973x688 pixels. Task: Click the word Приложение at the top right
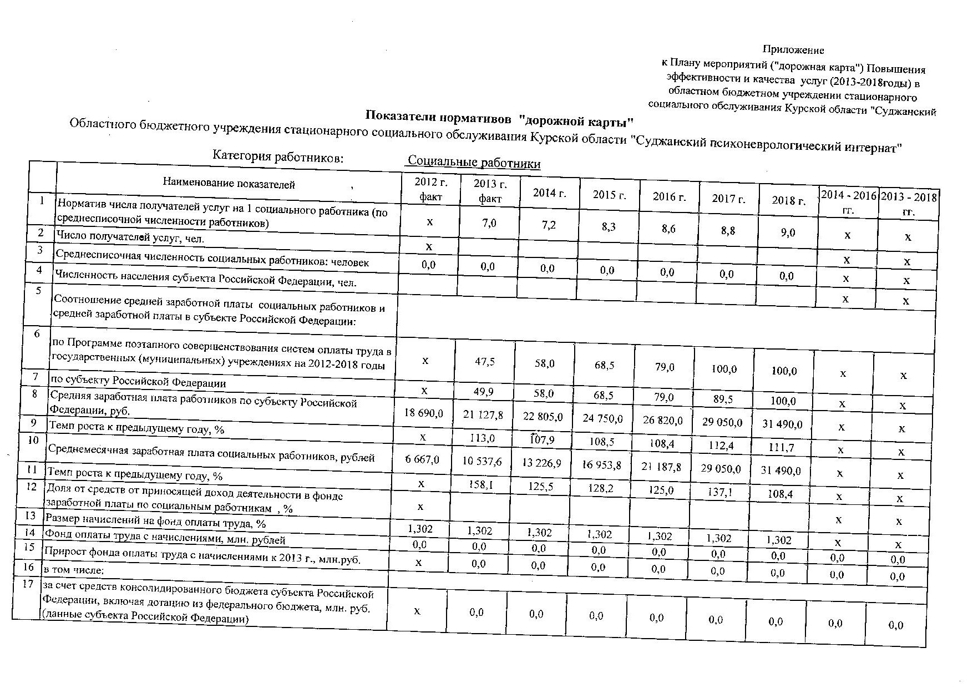(x=793, y=50)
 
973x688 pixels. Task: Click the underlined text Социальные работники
(x=474, y=163)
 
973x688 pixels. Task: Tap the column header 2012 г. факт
(x=430, y=189)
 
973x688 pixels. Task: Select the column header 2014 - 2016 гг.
(x=848, y=203)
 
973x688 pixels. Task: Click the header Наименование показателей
(x=229, y=184)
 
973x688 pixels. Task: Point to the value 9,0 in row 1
(x=787, y=232)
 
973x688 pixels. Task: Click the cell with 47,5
(x=484, y=361)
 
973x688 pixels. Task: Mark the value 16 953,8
(x=602, y=464)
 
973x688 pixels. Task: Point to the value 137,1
(x=721, y=492)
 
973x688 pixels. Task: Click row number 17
(x=27, y=584)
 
